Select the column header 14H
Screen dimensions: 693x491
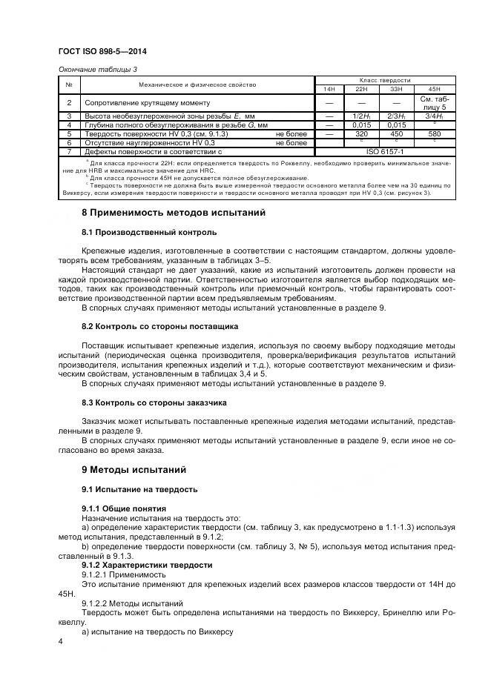328,89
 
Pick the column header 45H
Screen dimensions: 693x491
434,89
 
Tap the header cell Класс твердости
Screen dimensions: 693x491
380,80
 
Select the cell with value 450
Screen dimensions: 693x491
397,134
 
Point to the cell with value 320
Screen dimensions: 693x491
362,134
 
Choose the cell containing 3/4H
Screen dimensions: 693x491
434,116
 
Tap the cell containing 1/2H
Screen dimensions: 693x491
362,116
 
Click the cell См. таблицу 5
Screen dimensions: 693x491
434,102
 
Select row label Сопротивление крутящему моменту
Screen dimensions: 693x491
148,103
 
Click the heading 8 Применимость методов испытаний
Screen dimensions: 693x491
173,213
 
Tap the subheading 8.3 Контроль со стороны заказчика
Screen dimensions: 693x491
144,402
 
